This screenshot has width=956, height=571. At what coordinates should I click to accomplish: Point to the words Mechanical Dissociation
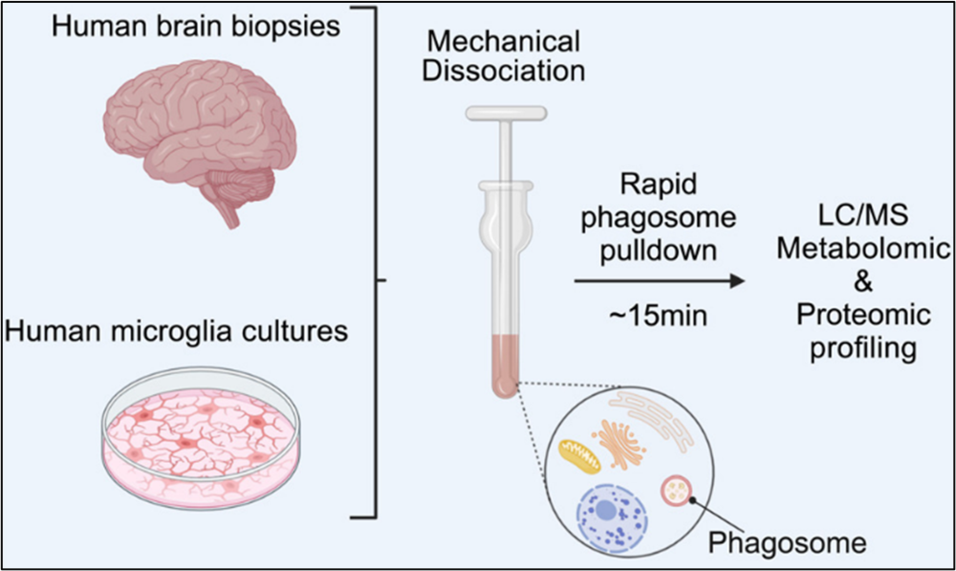tap(505, 55)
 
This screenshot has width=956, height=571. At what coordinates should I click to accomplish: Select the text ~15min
tap(660, 315)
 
